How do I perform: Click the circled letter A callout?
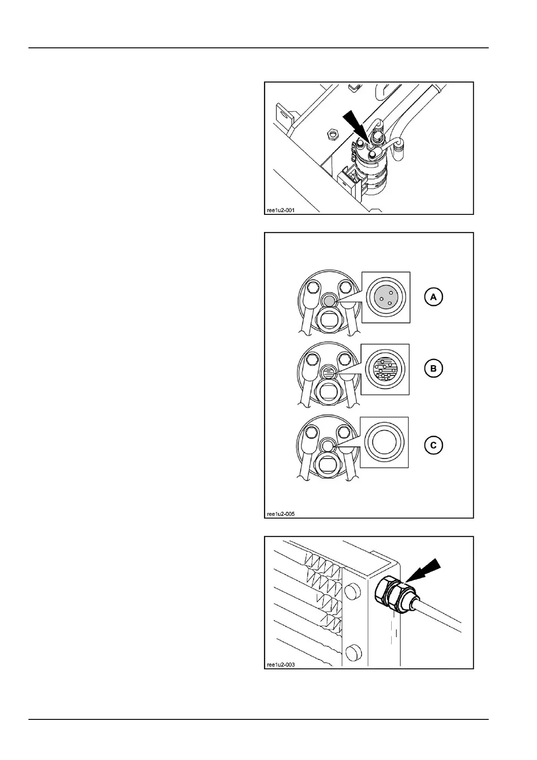click(x=433, y=297)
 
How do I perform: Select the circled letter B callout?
click(x=433, y=369)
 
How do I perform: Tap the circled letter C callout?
click(x=433, y=445)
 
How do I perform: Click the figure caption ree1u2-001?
click(x=281, y=209)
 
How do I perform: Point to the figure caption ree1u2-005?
click(x=281, y=514)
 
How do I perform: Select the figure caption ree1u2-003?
click(x=281, y=664)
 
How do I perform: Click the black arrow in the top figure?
click(x=356, y=128)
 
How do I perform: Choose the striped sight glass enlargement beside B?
click(x=385, y=369)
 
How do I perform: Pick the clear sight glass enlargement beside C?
click(x=384, y=442)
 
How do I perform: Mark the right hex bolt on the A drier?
click(x=345, y=287)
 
